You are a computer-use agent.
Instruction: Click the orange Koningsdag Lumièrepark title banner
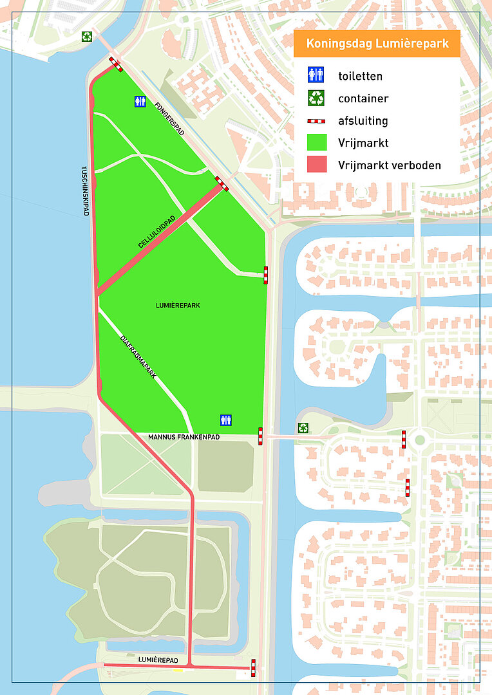(x=377, y=44)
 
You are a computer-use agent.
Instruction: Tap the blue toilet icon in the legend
(x=316, y=75)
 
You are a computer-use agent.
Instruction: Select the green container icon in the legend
(x=316, y=98)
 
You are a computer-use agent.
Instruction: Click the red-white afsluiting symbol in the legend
(x=316, y=121)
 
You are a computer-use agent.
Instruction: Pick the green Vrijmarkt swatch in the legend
(x=316, y=142)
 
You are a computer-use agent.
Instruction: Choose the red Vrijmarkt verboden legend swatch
(x=316, y=165)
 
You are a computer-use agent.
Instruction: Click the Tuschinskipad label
(x=85, y=191)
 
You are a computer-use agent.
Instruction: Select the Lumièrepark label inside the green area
(x=178, y=305)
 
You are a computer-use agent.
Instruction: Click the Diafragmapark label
(x=138, y=357)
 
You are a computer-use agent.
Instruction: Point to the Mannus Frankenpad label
(x=184, y=437)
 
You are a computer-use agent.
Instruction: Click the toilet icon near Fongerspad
(x=140, y=101)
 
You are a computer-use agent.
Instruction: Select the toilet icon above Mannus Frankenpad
(x=225, y=420)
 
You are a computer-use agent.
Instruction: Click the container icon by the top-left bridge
(x=86, y=36)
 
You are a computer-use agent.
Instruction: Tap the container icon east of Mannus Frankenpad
(x=303, y=427)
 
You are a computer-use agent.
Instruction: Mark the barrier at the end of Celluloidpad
(x=222, y=183)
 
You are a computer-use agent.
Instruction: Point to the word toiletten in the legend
(x=360, y=76)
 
